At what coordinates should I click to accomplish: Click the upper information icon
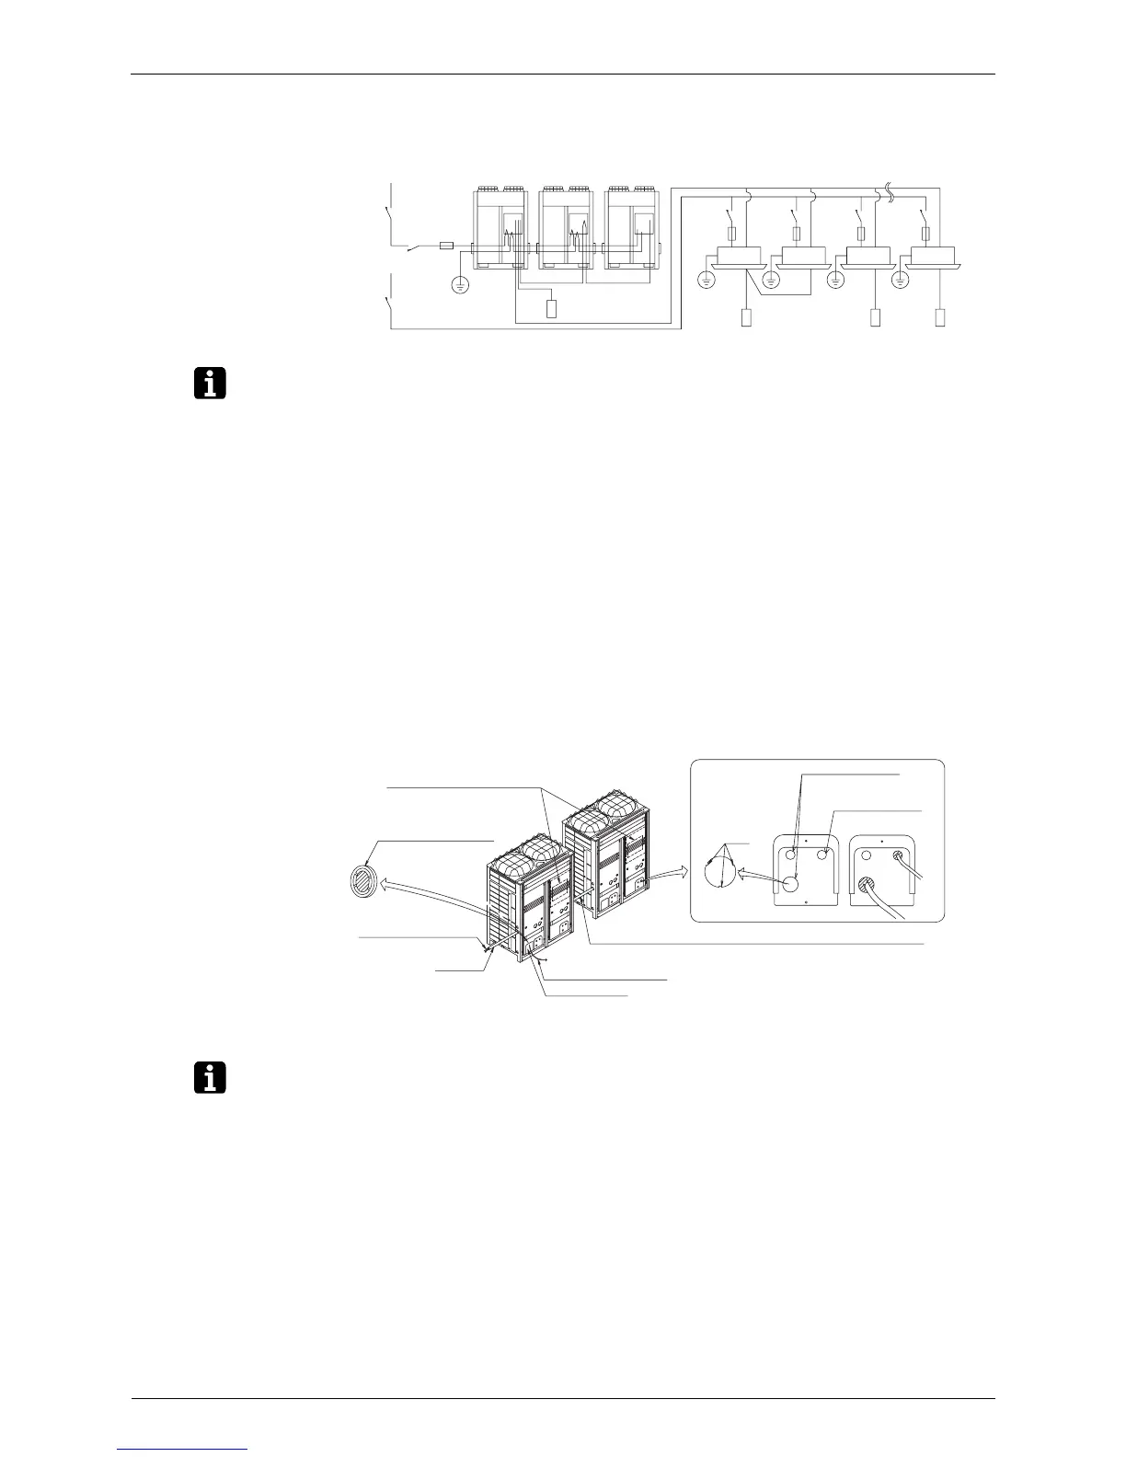click(x=211, y=383)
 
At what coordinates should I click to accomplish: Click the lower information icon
click(x=211, y=1077)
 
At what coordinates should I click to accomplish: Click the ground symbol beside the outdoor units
click(x=460, y=284)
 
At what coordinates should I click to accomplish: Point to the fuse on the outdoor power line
click(x=447, y=246)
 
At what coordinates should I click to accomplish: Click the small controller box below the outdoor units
click(x=552, y=308)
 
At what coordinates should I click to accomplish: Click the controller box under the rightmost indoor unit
click(x=940, y=319)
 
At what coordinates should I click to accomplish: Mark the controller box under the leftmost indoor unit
click(x=746, y=319)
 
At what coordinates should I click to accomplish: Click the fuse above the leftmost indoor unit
click(x=730, y=234)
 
